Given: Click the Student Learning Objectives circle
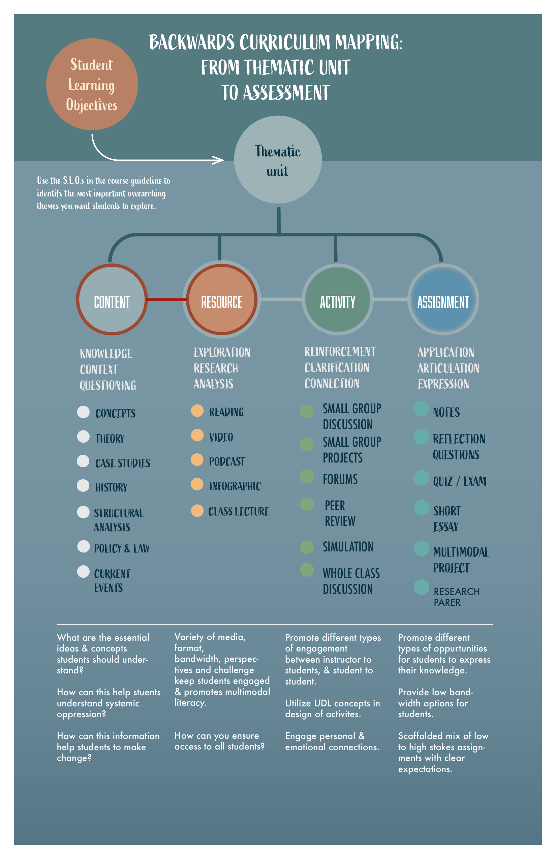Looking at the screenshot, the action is click(x=92, y=85).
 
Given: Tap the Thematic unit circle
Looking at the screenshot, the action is click(x=278, y=160).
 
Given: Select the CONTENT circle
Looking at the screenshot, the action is click(x=112, y=299).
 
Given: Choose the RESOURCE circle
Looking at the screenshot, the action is click(x=222, y=299).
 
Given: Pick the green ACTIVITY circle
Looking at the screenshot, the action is click(x=338, y=299).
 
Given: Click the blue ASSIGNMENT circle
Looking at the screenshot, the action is click(x=443, y=299).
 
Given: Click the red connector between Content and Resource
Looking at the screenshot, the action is click(x=167, y=299).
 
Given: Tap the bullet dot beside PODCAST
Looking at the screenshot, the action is click(x=197, y=459).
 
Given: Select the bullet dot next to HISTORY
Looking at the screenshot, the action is click(x=83, y=485).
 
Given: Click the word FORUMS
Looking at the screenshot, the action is click(x=340, y=479).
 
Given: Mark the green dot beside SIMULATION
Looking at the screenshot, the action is click(x=307, y=547).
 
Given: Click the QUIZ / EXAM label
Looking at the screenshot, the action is click(x=460, y=481).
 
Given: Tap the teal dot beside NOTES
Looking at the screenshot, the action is click(x=421, y=409).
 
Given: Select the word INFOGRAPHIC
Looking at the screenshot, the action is click(x=235, y=486).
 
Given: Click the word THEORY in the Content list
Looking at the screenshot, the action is click(x=110, y=439).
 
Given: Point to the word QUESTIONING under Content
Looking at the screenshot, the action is click(x=108, y=385).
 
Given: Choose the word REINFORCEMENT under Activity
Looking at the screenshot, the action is click(x=340, y=352).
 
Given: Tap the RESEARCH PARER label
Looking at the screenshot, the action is click(x=456, y=597).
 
